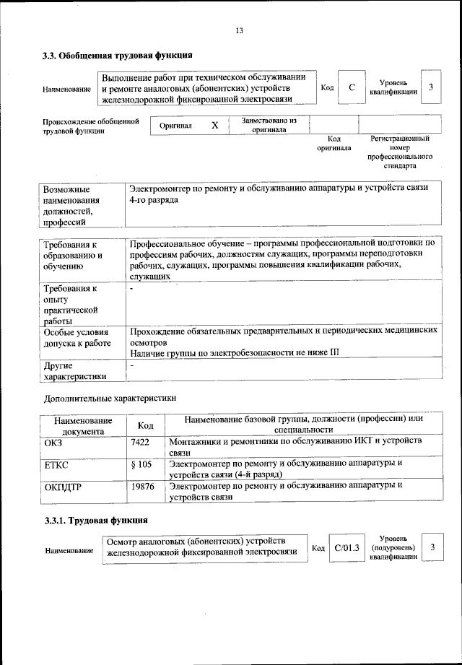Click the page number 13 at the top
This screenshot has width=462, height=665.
[239, 30]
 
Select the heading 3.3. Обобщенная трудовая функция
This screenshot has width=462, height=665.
[117, 56]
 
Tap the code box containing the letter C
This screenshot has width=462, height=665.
[352, 87]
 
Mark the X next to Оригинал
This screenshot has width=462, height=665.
[214, 126]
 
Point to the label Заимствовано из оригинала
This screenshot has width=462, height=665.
[269, 125]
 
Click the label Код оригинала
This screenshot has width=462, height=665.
[334, 143]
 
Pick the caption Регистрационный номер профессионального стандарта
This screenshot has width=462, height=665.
[400, 152]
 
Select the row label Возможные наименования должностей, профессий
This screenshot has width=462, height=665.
[71, 205]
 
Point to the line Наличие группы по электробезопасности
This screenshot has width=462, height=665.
[234, 352]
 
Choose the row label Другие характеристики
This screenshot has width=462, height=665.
[75, 370]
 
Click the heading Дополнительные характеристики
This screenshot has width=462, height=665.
[110, 398]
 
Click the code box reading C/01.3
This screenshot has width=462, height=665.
[346, 548]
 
